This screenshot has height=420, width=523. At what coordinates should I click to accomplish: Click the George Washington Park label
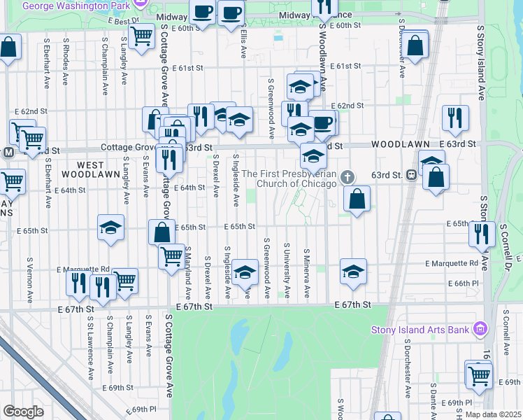(x=77, y=5)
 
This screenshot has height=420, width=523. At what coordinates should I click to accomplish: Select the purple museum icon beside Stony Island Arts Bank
(x=480, y=328)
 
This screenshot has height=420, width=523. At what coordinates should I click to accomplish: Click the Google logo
(x=22, y=412)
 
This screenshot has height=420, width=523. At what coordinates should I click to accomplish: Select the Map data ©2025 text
(x=493, y=414)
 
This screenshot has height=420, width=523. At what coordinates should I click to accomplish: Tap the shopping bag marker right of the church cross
(x=357, y=199)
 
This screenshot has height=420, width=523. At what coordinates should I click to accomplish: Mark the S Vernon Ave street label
(x=30, y=276)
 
